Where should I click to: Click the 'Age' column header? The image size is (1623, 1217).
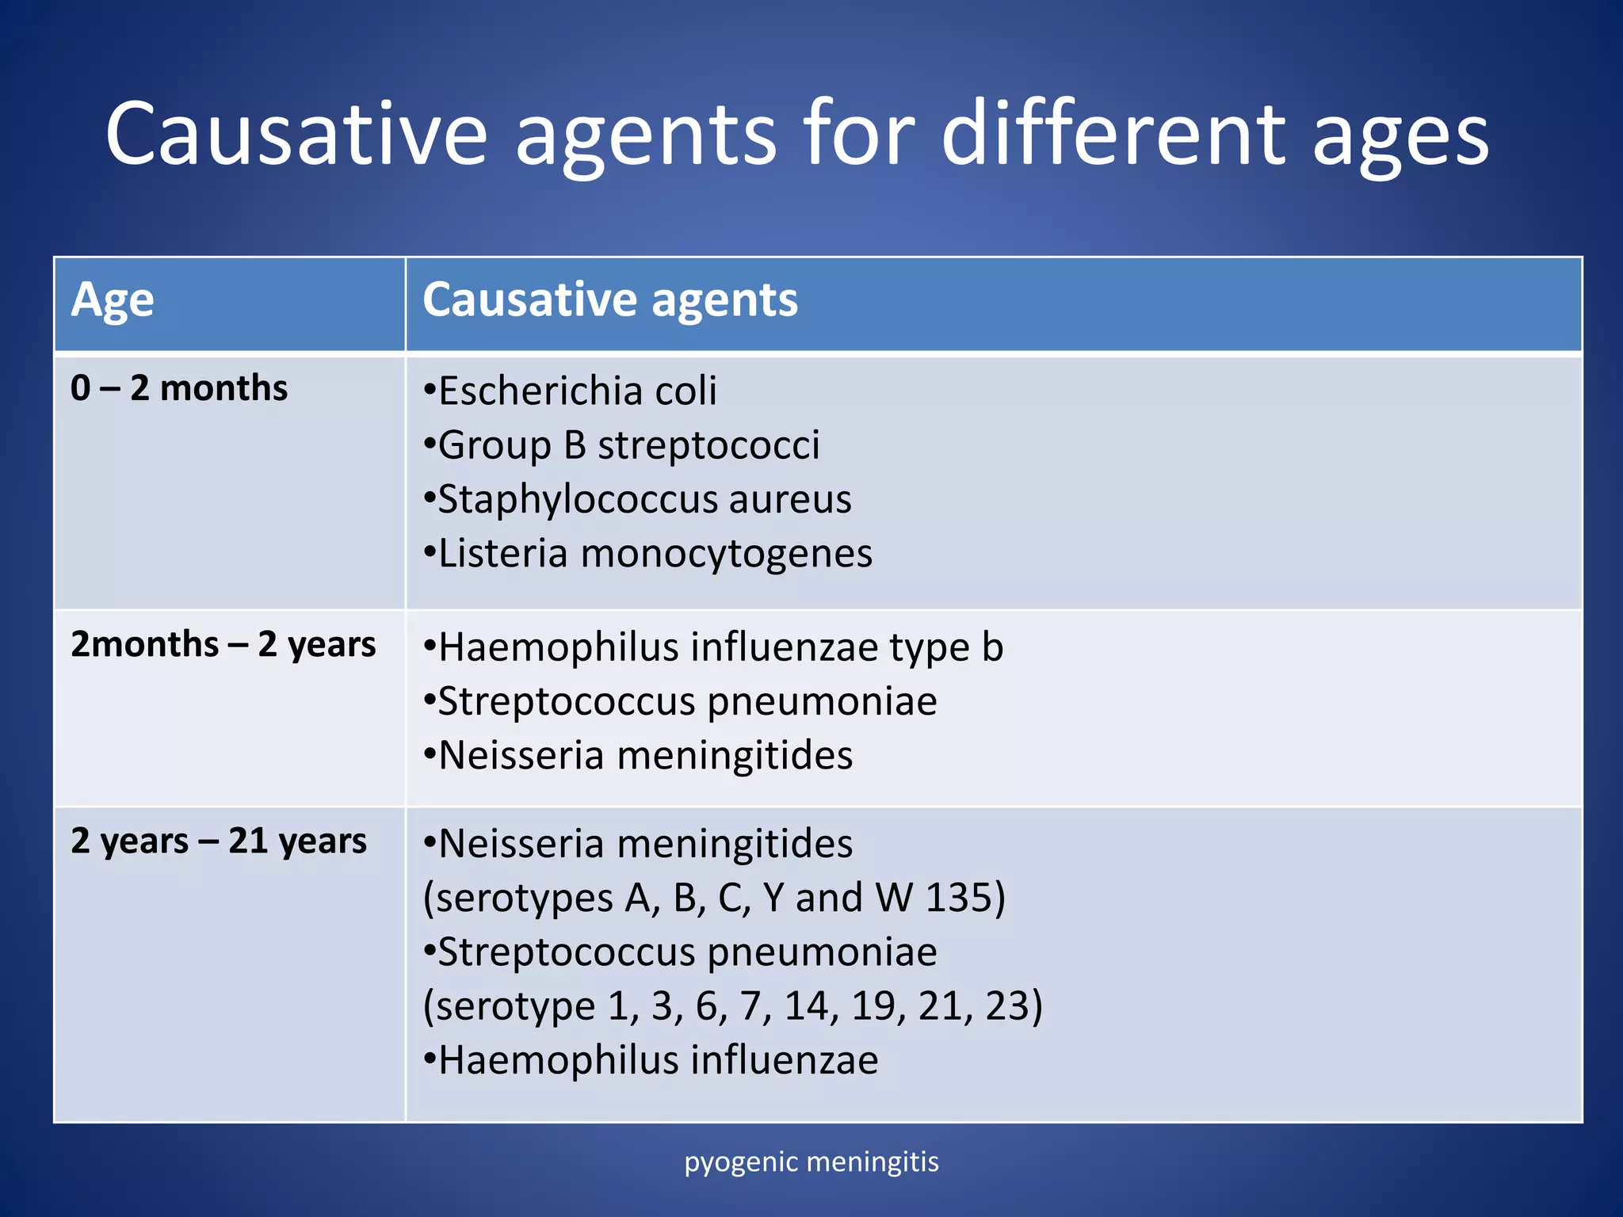pyautogui.click(x=113, y=300)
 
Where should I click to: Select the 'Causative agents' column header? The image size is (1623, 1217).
pyautogui.click(x=610, y=300)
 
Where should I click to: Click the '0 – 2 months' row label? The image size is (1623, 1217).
pyautogui.click(x=179, y=388)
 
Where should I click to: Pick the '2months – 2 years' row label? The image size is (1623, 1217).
pyautogui.click(x=223, y=644)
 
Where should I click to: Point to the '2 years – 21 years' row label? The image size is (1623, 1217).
pyautogui.click(x=219, y=841)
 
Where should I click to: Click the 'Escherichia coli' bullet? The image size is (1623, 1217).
pyautogui.click(x=571, y=391)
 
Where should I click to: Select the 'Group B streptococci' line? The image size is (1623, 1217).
pyautogui.click(x=622, y=444)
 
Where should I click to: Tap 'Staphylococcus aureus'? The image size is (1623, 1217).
pyautogui.click(x=638, y=499)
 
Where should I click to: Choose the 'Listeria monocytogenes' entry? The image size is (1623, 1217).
pyautogui.click(x=648, y=553)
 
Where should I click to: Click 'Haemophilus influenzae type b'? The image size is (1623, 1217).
pyautogui.click(x=713, y=647)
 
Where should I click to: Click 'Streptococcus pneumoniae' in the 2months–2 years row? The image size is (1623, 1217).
pyautogui.click(x=681, y=701)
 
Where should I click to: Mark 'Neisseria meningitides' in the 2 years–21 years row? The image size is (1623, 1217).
pyautogui.click(x=639, y=844)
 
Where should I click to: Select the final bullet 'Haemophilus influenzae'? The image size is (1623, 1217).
pyautogui.click(x=651, y=1060)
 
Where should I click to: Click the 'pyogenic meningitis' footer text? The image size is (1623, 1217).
pyautogui.click(x=811, y=1162)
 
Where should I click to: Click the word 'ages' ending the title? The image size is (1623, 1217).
pyautogui.click(x=1401, y=135)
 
